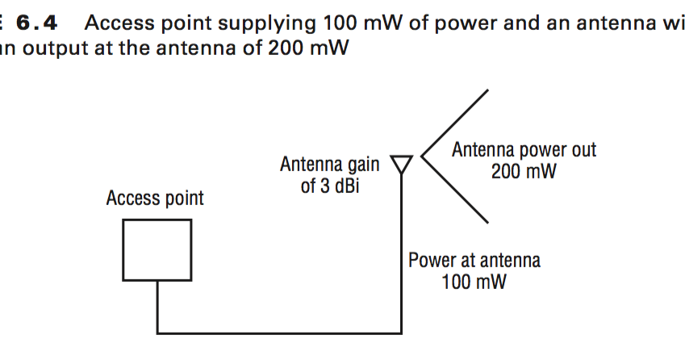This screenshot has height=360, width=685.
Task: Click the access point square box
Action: point(157,249)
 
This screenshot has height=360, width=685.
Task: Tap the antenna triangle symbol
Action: point(401,163)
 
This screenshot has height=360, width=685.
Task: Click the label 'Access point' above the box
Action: point(155,198)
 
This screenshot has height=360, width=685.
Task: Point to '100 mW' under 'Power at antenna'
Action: point(474,283)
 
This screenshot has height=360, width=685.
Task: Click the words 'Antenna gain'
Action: point(329,165)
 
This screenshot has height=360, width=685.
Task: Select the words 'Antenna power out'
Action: point(524,149)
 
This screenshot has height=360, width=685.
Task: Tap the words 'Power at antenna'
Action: point(474,260)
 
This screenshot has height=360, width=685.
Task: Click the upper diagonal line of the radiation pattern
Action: point(456,121)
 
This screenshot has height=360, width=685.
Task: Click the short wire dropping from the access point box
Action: point(157,306)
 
